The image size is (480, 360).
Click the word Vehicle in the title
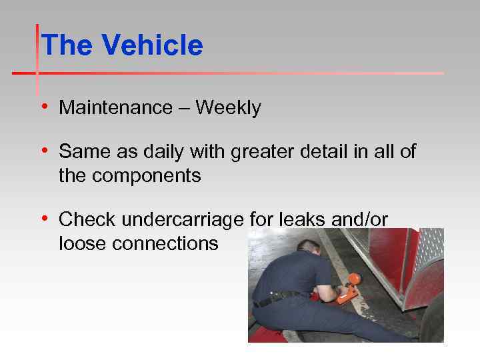pos(152,45)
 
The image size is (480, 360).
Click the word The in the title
pos(67,45)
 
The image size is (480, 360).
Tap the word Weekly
pos(228,107)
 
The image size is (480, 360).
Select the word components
pos(146,176)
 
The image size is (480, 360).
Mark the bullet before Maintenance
pos(44,107)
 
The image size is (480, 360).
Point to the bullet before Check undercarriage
pos(44,219)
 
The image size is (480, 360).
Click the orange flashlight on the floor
pos(349,291)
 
